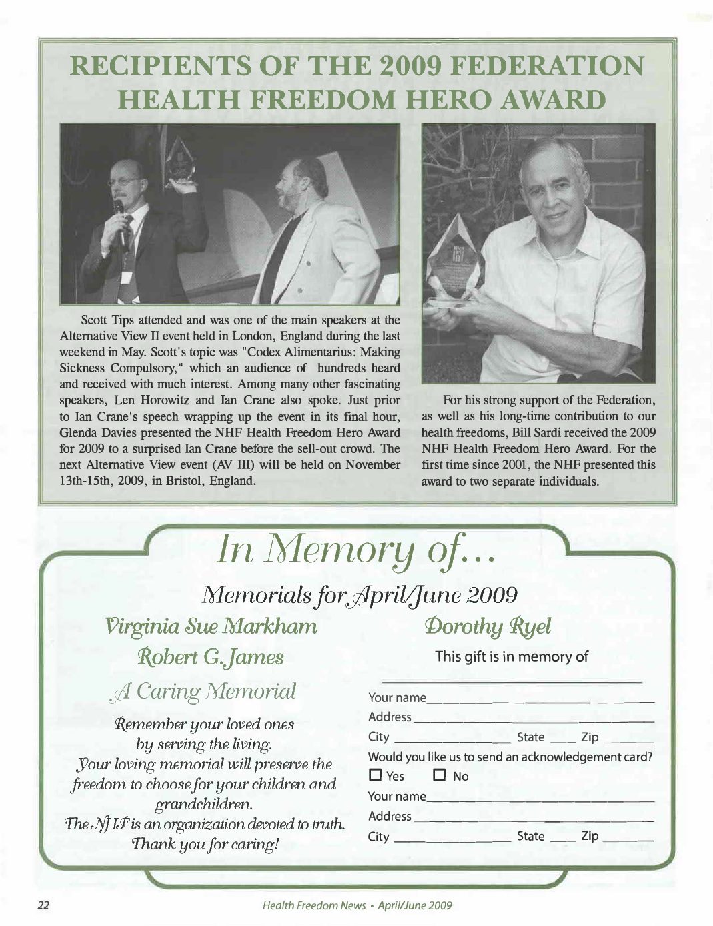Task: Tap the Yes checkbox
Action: pyautogui.click(x=376, y=775)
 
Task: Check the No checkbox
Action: pyautogui.click(x=440, y=775)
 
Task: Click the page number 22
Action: pyautogui.click(x=44, y=905)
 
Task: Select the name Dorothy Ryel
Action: pyautogui.click(x=488, y=627)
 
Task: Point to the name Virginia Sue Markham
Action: pyautogui.click(x=211, y=627)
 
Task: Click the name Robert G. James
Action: pyautogui.click(x=210, y=658)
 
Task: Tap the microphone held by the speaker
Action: pyautogui.click(x=119, y=213)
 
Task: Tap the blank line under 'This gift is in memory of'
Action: pyautogui.click(x=511, y=681)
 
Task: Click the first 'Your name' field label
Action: pyautogui.click(x=397, y=698)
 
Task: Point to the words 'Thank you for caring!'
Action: pyautogui.click(x=203, y=844)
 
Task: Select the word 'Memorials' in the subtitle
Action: pyautogui.click(x=249, y=593)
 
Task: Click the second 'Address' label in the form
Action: pyautogui.click(x=390, y=816)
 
